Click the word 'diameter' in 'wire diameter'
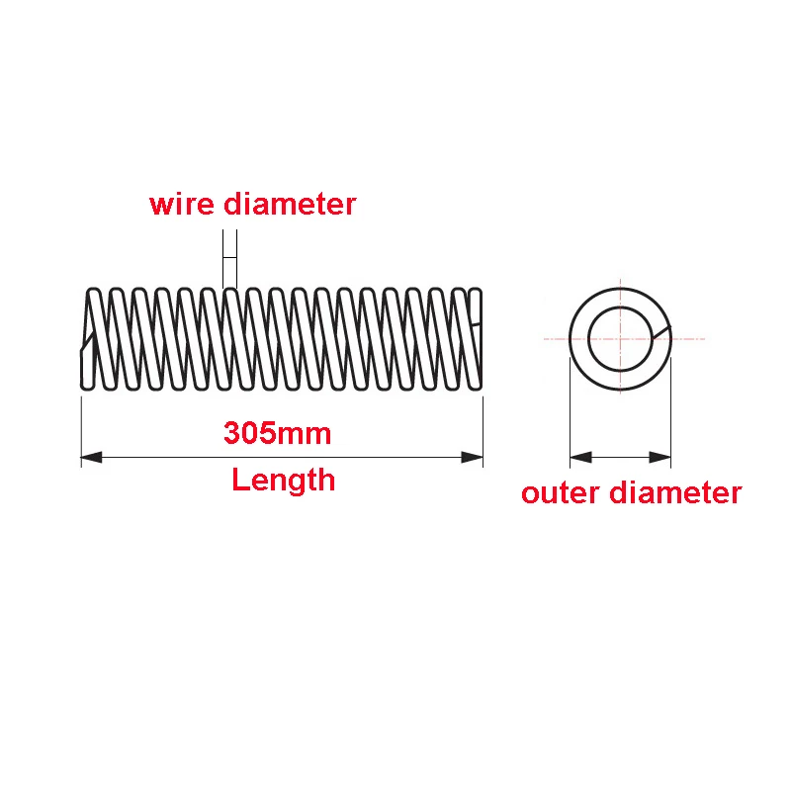[x=289, y=205]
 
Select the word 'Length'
[x=284, y=481]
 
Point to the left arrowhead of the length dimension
[x=92, y=457]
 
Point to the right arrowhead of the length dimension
[x=473, y=457]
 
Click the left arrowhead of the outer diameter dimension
[x=581, y=457]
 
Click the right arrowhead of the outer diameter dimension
[x=660, y=457]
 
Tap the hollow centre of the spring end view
[x=620, y=338]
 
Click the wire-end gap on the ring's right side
[x=662, y=333]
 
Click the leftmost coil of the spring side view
[x=92, y=338]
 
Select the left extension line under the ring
[x=570, y=415]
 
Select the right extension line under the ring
[x=671, y=415]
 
